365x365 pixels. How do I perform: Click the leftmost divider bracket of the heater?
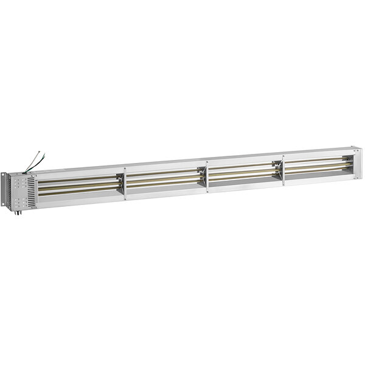click(x=125, y=182)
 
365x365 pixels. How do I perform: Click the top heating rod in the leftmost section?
click(x=79, y=180)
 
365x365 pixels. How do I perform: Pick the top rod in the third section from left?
click(x=243, y=166)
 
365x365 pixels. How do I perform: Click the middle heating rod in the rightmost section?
click(x=316, y=165)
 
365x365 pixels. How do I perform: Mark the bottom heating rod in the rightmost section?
click(x=316, y=170)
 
